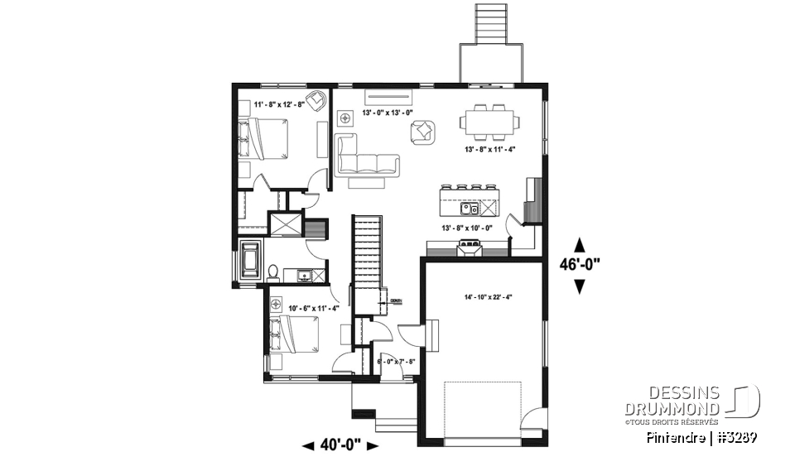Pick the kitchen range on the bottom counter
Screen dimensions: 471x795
pos(470,244)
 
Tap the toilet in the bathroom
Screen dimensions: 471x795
pos(272,271)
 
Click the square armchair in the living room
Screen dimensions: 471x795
pos(423,130)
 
